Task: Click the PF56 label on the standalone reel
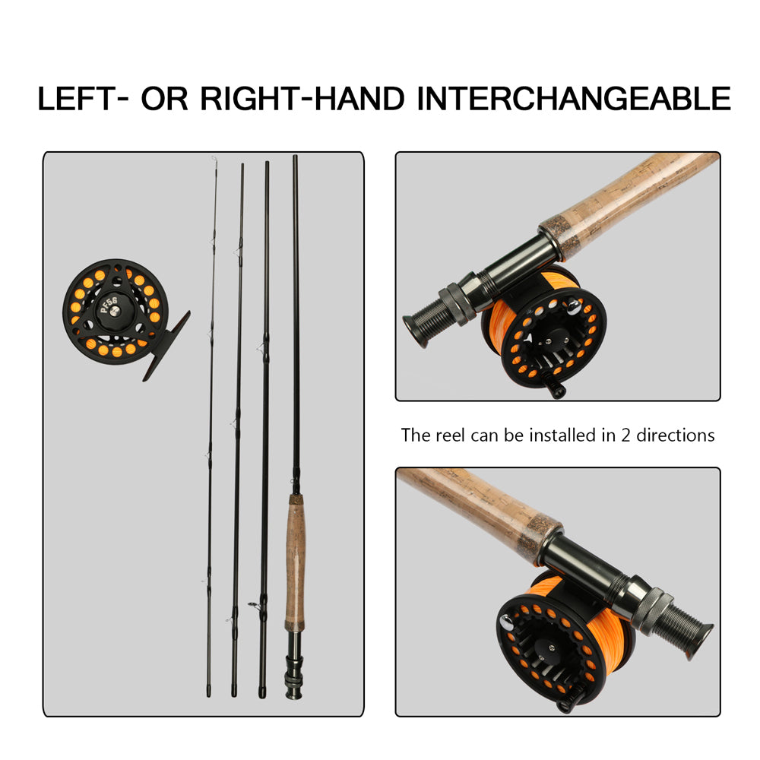112,305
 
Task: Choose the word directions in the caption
674,435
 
